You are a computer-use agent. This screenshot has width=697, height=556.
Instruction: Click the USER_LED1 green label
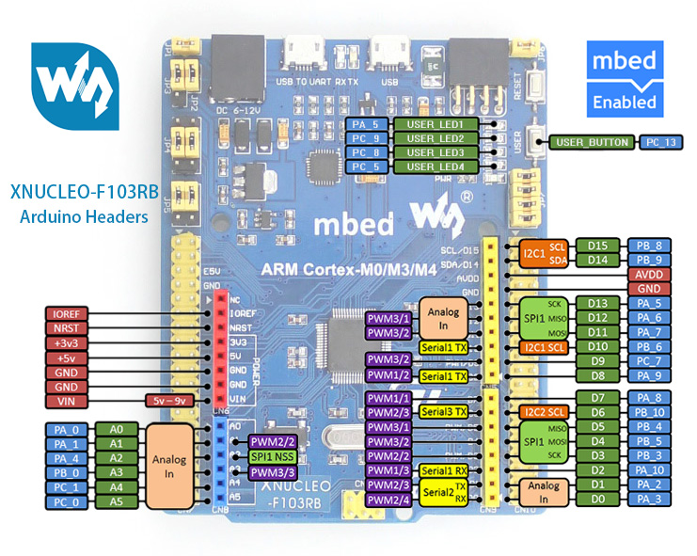436,124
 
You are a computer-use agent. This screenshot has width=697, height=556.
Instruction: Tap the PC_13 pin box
657,142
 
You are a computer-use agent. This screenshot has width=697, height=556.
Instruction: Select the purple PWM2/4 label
387,499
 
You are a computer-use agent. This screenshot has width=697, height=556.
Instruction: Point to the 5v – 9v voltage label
173,400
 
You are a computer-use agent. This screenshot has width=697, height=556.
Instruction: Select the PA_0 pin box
66,429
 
